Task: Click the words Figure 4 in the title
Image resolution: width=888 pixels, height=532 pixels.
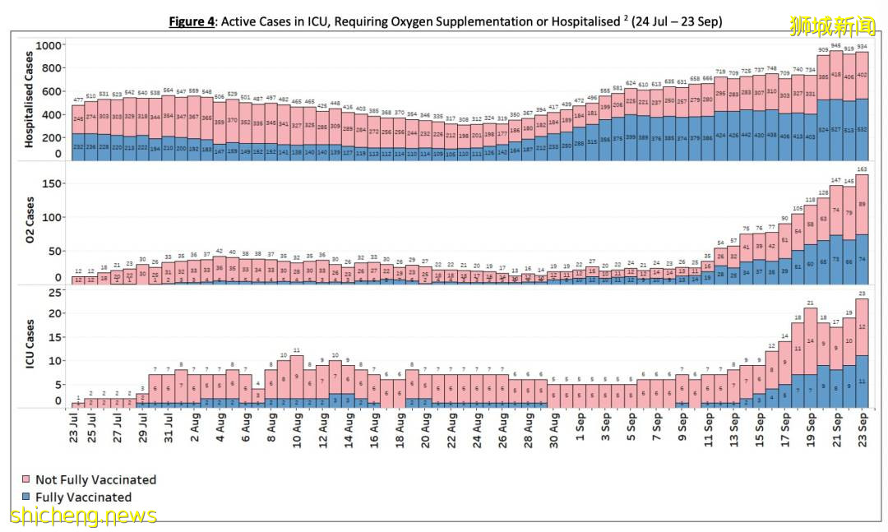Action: click(192, 21)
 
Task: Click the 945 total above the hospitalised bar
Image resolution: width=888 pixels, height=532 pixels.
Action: click(835, 45)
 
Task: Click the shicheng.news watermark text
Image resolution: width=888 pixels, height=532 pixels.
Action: click(82, 516)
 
